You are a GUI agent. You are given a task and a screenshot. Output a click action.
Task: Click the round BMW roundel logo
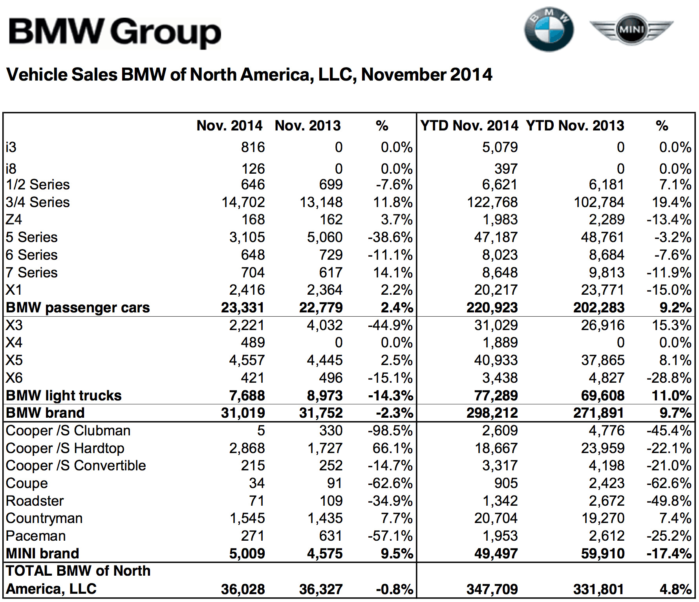coord(549,30)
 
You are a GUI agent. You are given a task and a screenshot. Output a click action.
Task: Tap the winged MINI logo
coord(631,29)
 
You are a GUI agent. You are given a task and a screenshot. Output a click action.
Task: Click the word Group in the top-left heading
coord(166,33)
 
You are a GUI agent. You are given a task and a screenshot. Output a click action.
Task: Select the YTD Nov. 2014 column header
coord(469,126)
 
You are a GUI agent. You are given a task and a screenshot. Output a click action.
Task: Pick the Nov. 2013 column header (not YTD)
coord(307,126)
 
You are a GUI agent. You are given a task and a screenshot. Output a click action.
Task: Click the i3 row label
coord(11,147)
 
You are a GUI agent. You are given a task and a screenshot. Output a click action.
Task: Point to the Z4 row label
coord(14,219)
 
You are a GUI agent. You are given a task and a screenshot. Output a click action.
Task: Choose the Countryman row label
coord(44,518)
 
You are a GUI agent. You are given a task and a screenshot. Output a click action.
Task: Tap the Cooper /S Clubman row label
coord(68,431)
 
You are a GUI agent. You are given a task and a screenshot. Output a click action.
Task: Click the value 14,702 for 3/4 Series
coord(243,202)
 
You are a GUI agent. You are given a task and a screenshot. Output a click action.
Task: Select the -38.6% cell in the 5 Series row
coord(390,237)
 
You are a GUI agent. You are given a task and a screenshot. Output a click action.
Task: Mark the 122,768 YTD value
coord(492,202)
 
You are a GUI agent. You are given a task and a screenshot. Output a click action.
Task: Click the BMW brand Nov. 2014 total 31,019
coord(243,413)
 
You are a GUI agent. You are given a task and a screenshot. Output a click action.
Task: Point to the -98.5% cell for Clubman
coord(390,431)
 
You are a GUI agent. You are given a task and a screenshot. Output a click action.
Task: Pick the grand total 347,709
coord(492,589)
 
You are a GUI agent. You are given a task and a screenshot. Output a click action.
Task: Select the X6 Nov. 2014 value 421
coord(253,378)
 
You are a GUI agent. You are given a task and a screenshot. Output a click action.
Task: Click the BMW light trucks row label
coord(64,396)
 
